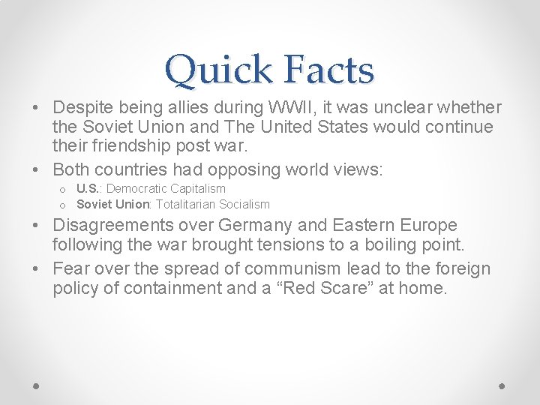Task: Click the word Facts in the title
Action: tap(329, 70)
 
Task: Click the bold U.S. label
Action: tap(89, 188)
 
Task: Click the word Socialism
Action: tap(245, 204)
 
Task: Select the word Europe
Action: tap(427, 225)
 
